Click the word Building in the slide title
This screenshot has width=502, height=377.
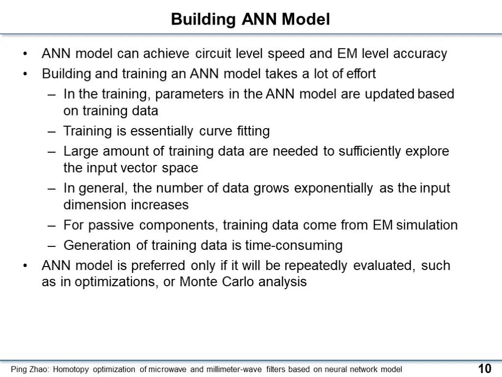[203, 20]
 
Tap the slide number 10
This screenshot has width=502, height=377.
[485, 369]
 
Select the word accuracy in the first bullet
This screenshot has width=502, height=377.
[420, 54]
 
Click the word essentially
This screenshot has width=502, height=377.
[162, 132]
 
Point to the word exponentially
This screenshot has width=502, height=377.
[333, 188]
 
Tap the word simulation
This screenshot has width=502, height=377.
[427, 225]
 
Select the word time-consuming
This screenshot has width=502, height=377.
[294, 245]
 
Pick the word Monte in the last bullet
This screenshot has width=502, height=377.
[198, 282]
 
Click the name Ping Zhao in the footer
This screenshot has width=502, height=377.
[30, 370]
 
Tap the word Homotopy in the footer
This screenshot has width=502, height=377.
[71, 370]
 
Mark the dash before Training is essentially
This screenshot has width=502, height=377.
[51, 132]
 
